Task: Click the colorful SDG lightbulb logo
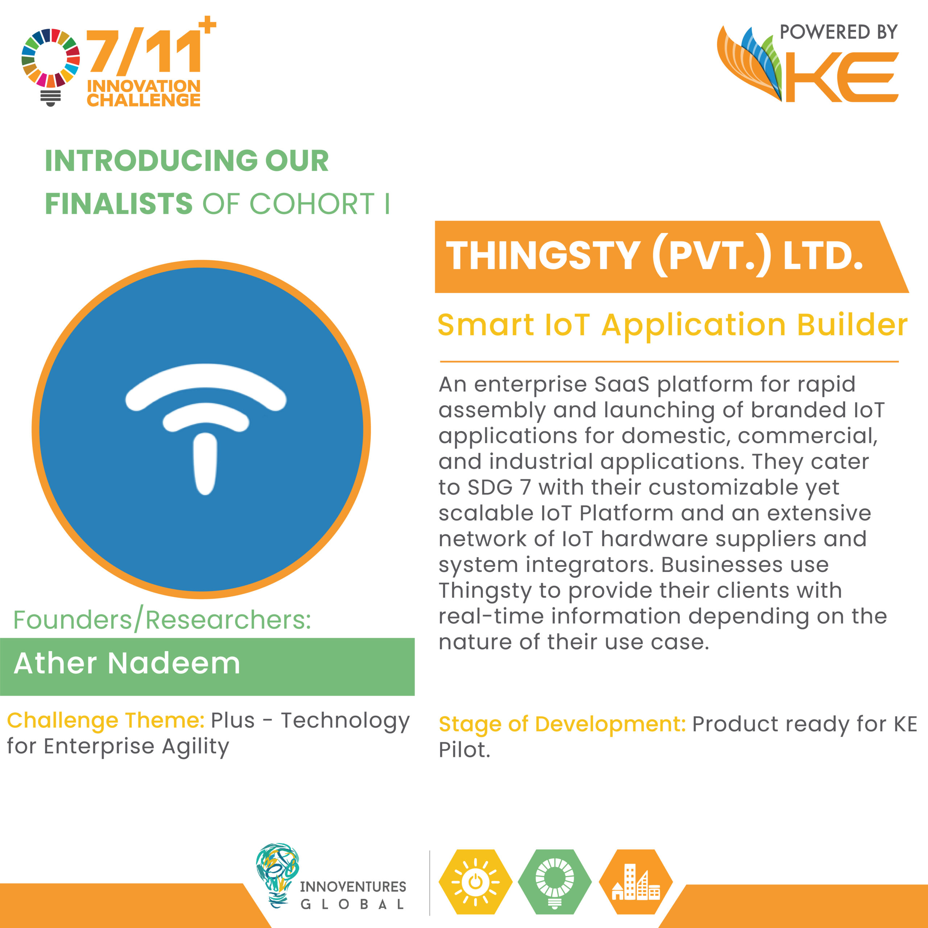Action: click(x=50, y=67)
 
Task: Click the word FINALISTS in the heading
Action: click(x=119, y=204)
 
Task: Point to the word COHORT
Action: click(x=312, y=204)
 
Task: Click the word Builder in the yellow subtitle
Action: click(x=853, y=325)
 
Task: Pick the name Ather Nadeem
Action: click(x=127, y=663)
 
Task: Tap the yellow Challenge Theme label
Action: click(x=106, y=721)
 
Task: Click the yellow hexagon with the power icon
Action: click(x=476, y=882)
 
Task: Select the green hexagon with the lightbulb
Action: click(x=555, y=882)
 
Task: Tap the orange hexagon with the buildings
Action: click(x=635, y=882)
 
